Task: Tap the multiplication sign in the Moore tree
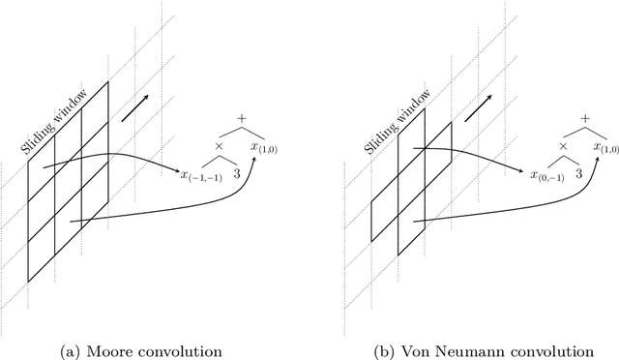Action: coord(219,148)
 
